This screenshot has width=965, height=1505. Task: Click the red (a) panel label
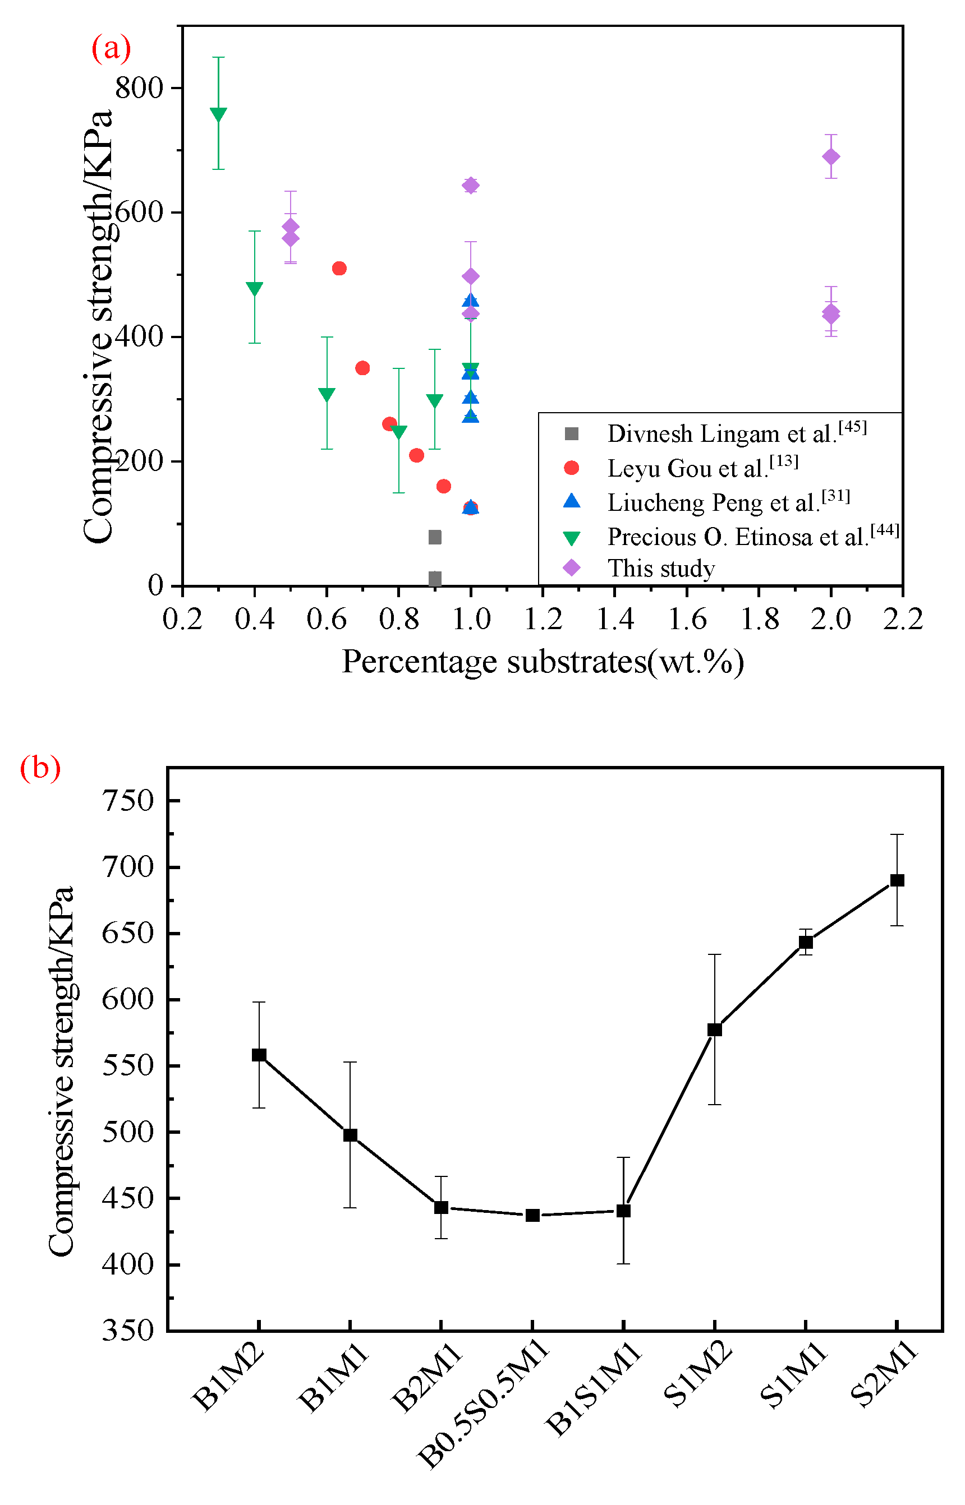point(111,48)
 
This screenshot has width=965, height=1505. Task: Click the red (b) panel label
point(40,767)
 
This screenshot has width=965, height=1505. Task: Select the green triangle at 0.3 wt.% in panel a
point(218,114)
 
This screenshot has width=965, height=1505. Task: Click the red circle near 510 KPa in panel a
point(339,268)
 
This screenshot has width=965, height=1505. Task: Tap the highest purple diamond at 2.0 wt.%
point(830,156)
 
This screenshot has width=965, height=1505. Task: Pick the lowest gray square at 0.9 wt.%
point(434,578)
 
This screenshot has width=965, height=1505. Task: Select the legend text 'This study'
point(661,568)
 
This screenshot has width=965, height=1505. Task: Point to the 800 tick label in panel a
point(139,87)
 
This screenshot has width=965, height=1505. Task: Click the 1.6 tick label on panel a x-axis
point(687,620)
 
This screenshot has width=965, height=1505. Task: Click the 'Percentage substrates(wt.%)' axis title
point(542,662)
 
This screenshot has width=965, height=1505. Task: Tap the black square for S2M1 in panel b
point(897,880)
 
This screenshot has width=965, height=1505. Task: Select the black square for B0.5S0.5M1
point(532,1215)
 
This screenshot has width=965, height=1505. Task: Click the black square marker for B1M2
point(259,1055)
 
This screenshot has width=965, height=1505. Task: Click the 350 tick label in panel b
point(128,1330)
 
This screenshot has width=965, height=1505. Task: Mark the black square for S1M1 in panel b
point(805,942)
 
